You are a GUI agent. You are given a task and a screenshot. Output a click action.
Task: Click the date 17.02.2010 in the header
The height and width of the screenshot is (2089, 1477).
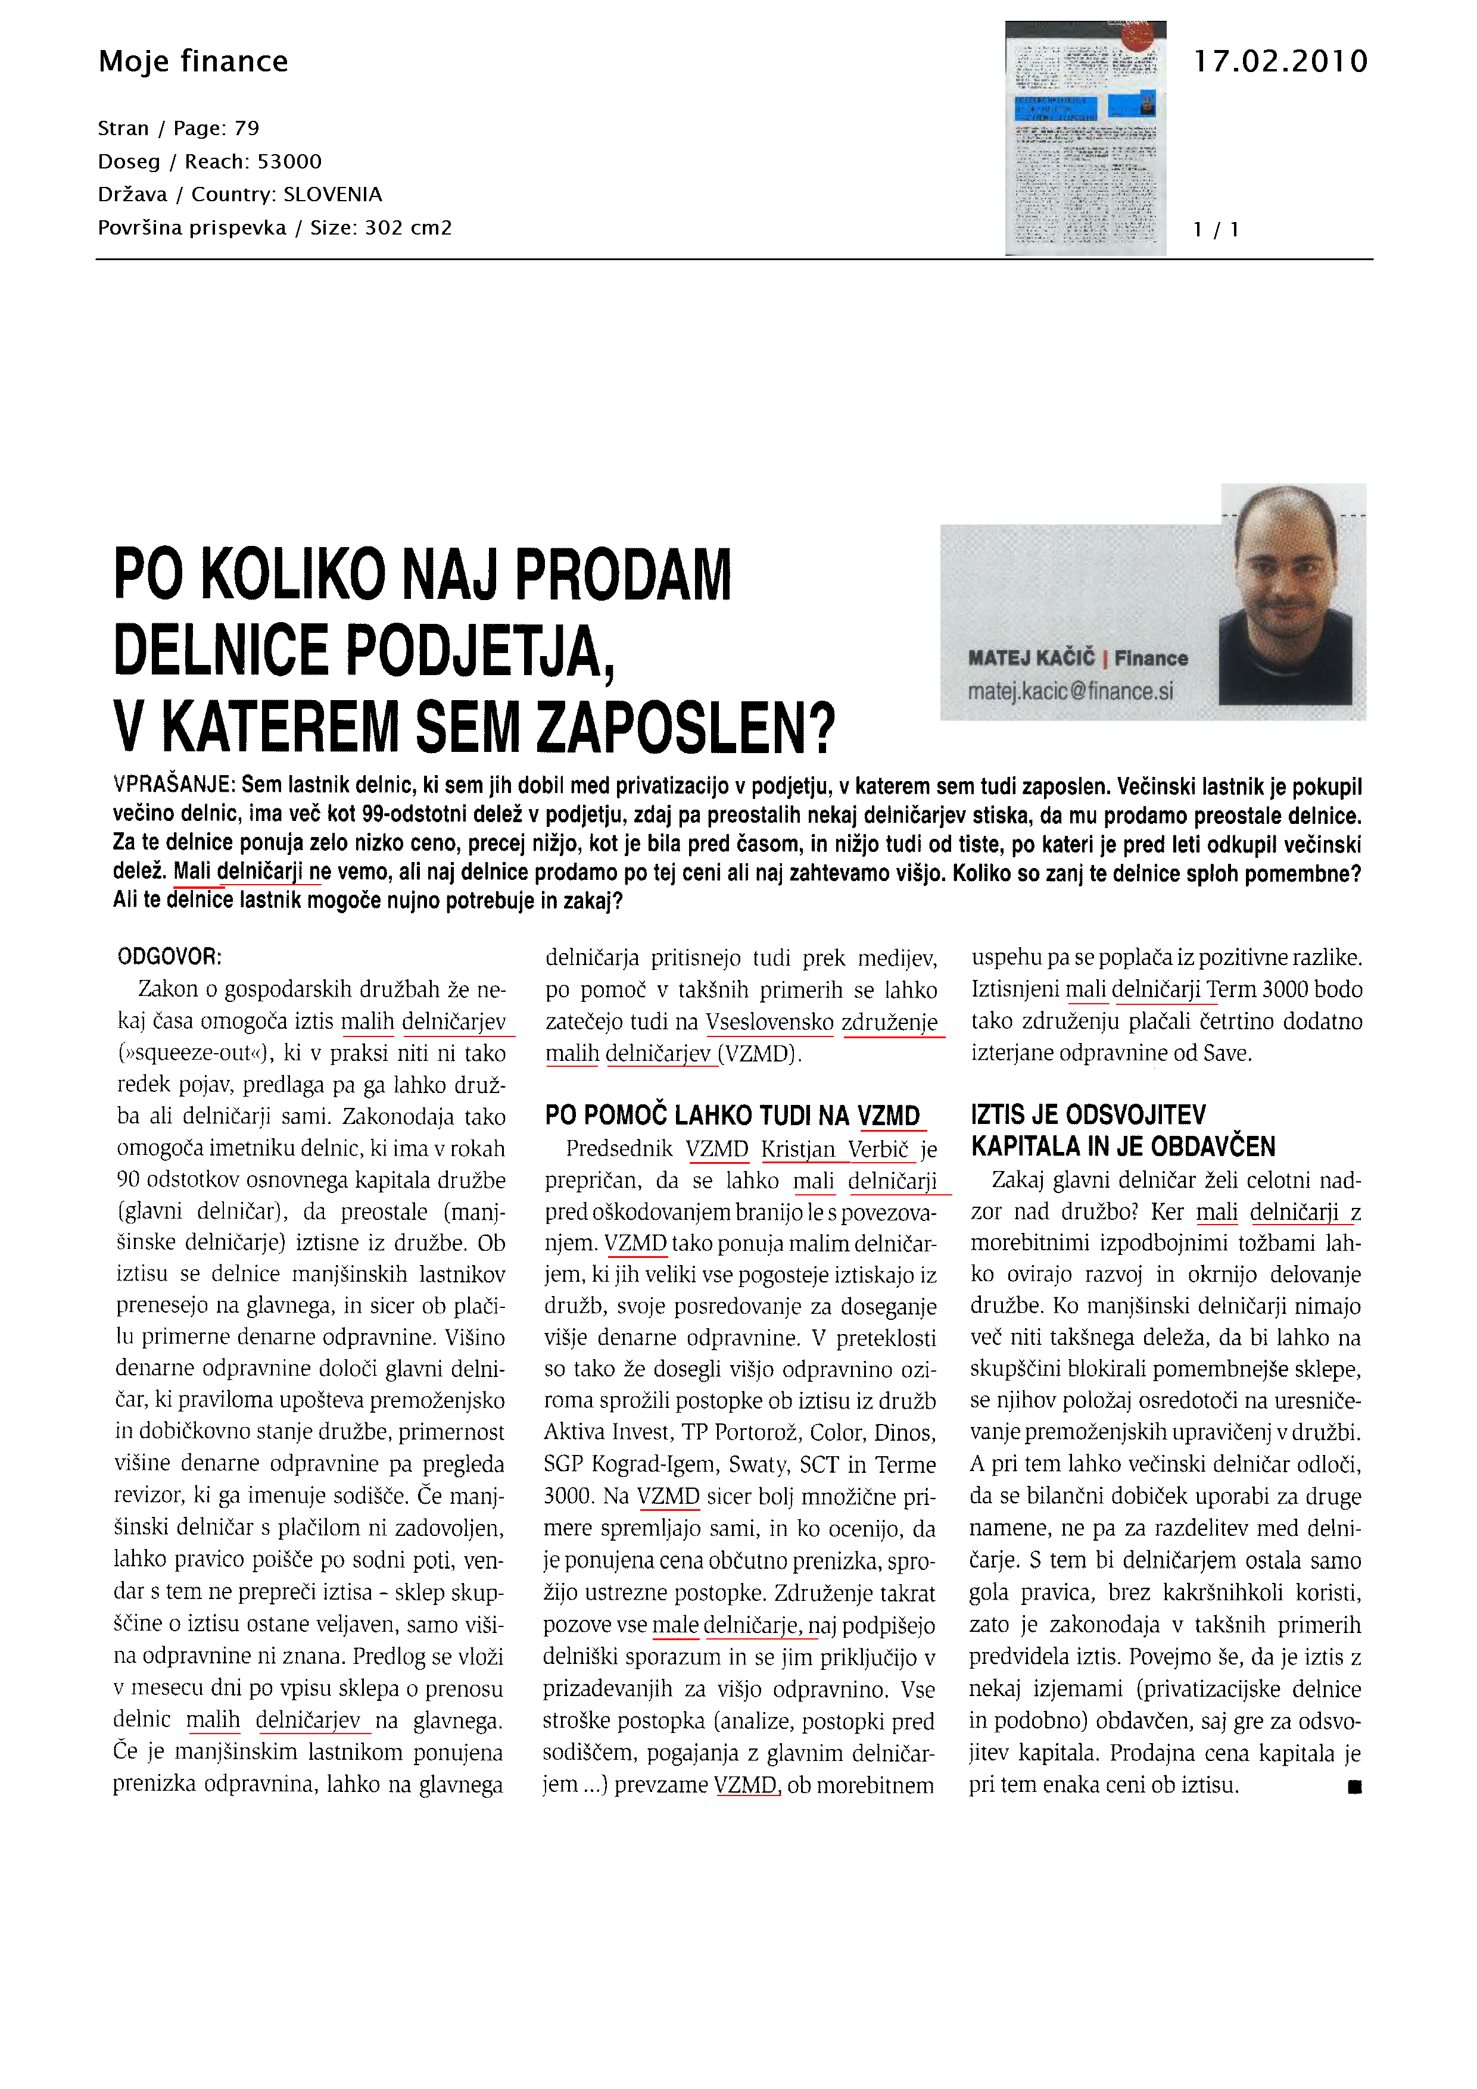click(1279, 62)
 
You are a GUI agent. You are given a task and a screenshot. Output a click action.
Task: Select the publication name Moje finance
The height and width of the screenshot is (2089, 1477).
click(193, 62)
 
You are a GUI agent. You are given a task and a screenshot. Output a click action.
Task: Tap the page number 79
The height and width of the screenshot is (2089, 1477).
click(247, 128)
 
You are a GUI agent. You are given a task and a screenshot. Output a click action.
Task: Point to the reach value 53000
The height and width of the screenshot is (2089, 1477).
click(289, 162)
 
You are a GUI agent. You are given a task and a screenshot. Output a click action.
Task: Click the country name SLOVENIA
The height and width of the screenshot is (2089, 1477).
click(333, 195)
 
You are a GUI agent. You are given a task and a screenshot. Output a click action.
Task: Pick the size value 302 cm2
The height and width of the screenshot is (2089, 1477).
click(409, 227)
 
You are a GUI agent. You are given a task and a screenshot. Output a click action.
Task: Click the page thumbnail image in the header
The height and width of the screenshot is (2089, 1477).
click(1085, 138)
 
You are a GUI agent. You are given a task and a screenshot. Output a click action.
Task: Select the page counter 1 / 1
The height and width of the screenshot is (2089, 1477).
click(1216, 229)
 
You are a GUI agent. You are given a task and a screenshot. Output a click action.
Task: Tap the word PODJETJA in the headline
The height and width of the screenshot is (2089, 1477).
click(481, 651)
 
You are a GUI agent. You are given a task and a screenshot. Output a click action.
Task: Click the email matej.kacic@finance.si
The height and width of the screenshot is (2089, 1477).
click(1070, 692)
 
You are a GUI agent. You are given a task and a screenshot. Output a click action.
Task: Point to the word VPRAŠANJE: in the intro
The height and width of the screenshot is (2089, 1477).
click(175, 785)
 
